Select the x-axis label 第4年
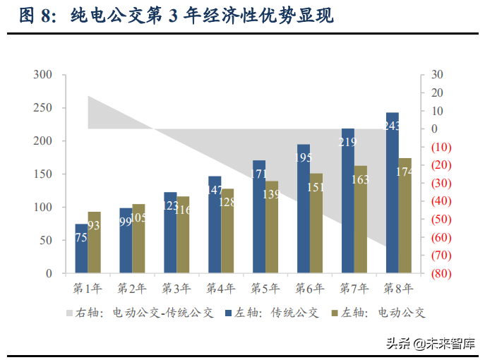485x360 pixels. coord(221,289)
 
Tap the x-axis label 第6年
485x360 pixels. coord(309,289)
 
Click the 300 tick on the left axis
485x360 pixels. coord(43,75)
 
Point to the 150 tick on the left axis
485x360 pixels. coord(43,174)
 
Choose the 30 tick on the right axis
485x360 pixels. coord(437,75)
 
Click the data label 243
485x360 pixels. coord(393,126)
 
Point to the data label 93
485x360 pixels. coord(95,225)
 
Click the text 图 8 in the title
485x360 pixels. coord(35,16)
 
